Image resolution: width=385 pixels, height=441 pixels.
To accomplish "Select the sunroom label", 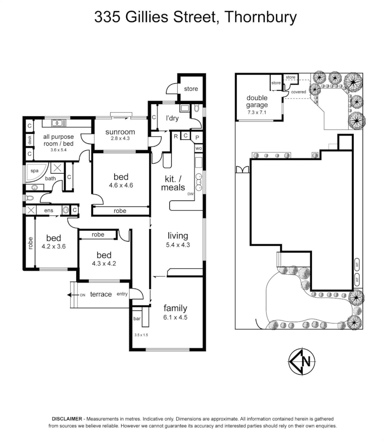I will click(120, 132).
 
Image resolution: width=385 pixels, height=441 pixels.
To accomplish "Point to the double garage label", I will click(257, 101).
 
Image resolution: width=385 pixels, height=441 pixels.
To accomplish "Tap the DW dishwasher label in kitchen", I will click(190, 194).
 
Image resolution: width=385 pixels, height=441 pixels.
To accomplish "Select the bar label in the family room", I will click(137, 318).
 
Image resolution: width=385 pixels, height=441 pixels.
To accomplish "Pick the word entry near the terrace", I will click(122, 294).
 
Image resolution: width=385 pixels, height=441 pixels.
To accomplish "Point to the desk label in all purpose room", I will click(29, 140).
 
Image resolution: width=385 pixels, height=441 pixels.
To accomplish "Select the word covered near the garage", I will click(299, 92).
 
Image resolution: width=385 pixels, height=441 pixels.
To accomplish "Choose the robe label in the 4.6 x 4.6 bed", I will click(120, 211).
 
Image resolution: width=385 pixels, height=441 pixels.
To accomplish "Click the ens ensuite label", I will click(49, 210).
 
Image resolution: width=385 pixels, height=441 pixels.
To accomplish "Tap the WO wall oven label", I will click(199, 148).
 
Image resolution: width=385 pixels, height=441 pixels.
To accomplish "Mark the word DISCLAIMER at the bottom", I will click(67, 419).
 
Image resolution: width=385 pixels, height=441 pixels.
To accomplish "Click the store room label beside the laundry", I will click(190, 89).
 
